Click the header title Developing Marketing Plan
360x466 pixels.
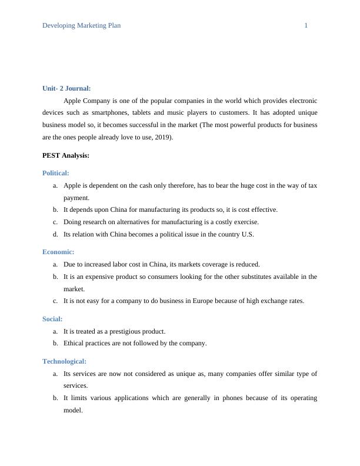[x=81, y=25]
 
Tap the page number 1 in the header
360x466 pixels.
[x=306, y=25]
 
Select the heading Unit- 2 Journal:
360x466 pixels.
[x=66, y=88]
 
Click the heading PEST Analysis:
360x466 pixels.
[x=66, y=155]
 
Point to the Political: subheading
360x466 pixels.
[x=56, y=173]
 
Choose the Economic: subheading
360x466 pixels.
[x=58, y=252]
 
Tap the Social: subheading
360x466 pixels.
[x=52, y=319]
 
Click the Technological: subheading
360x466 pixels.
[x=65, y=361]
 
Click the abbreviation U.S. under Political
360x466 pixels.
[x=248, y=234]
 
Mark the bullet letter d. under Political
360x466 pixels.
[x=55, y=234]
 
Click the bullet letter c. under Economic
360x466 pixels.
[x=55, y=301]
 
